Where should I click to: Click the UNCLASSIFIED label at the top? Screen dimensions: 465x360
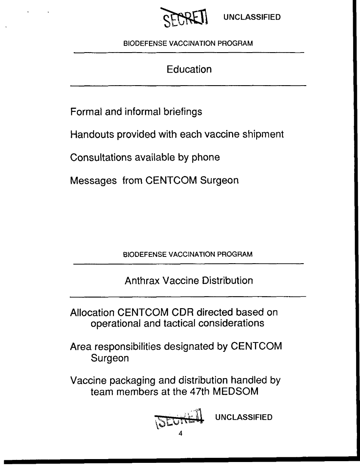coord(252,17)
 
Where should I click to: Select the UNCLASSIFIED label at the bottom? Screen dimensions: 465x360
coord(244,418)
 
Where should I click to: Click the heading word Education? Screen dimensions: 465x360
coord(189,69)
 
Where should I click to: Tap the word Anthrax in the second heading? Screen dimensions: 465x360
coord(141,281)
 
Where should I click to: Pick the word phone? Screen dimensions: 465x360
coord(207,158)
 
